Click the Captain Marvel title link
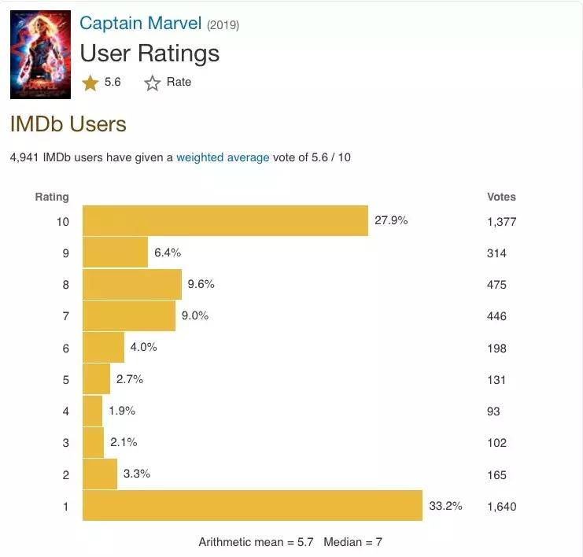[141, 23]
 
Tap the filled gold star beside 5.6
[90, 83]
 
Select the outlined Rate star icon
[153, 83]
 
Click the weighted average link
[223, 157]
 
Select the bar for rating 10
[225, 221]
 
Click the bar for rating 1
[252, 506]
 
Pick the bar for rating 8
[132, 285]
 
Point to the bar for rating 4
[93, 411]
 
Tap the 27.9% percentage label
[391, 221]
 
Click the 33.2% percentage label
[445, 506]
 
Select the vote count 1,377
[503, 222]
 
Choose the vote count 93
[493, 411]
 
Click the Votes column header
[501, 197]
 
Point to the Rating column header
[52, 197]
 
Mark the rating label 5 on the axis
[66, 380]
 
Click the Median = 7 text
[353, 542]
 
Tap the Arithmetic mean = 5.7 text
[256, 542]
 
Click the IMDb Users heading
[68, 124]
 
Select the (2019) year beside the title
[223, 25]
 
